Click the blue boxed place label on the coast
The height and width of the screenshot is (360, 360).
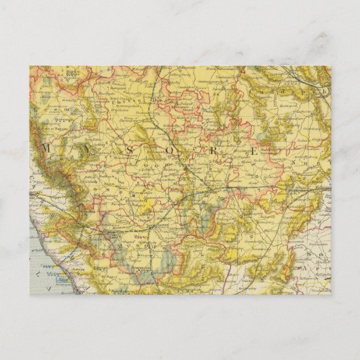pyautogui.click(x=64, y=278)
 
